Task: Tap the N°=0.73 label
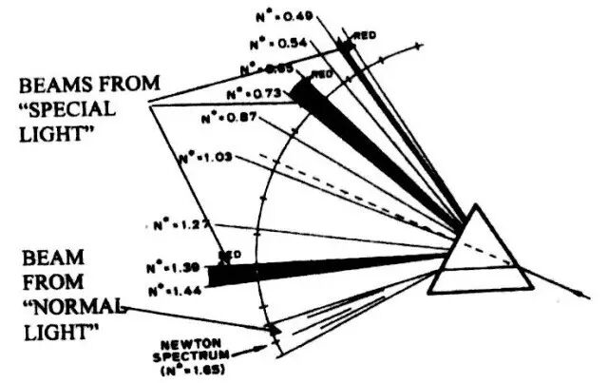251,94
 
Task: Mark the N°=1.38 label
173,267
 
